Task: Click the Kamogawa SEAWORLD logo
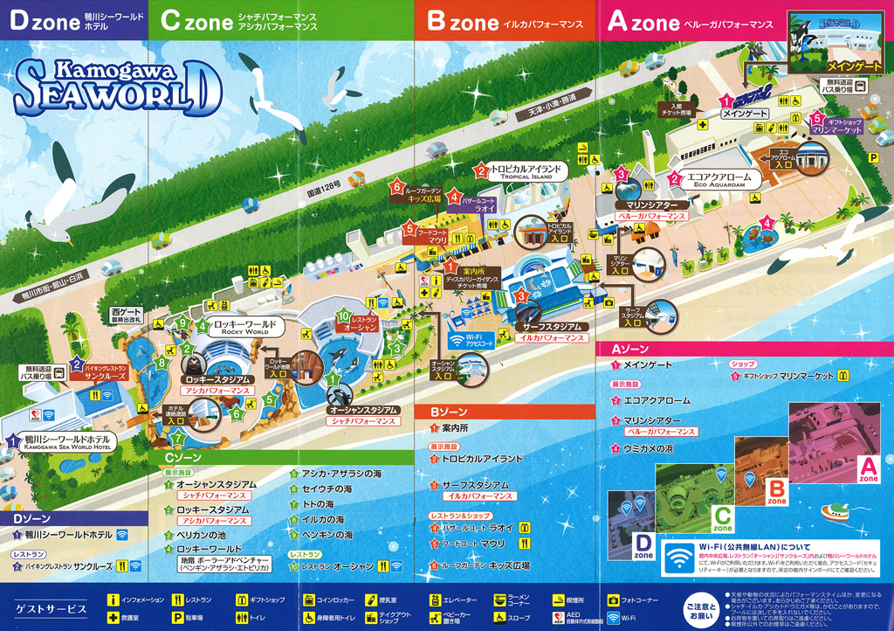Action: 112,85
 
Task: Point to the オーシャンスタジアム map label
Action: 363,410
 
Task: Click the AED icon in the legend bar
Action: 560,619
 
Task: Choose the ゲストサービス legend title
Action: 52,608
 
